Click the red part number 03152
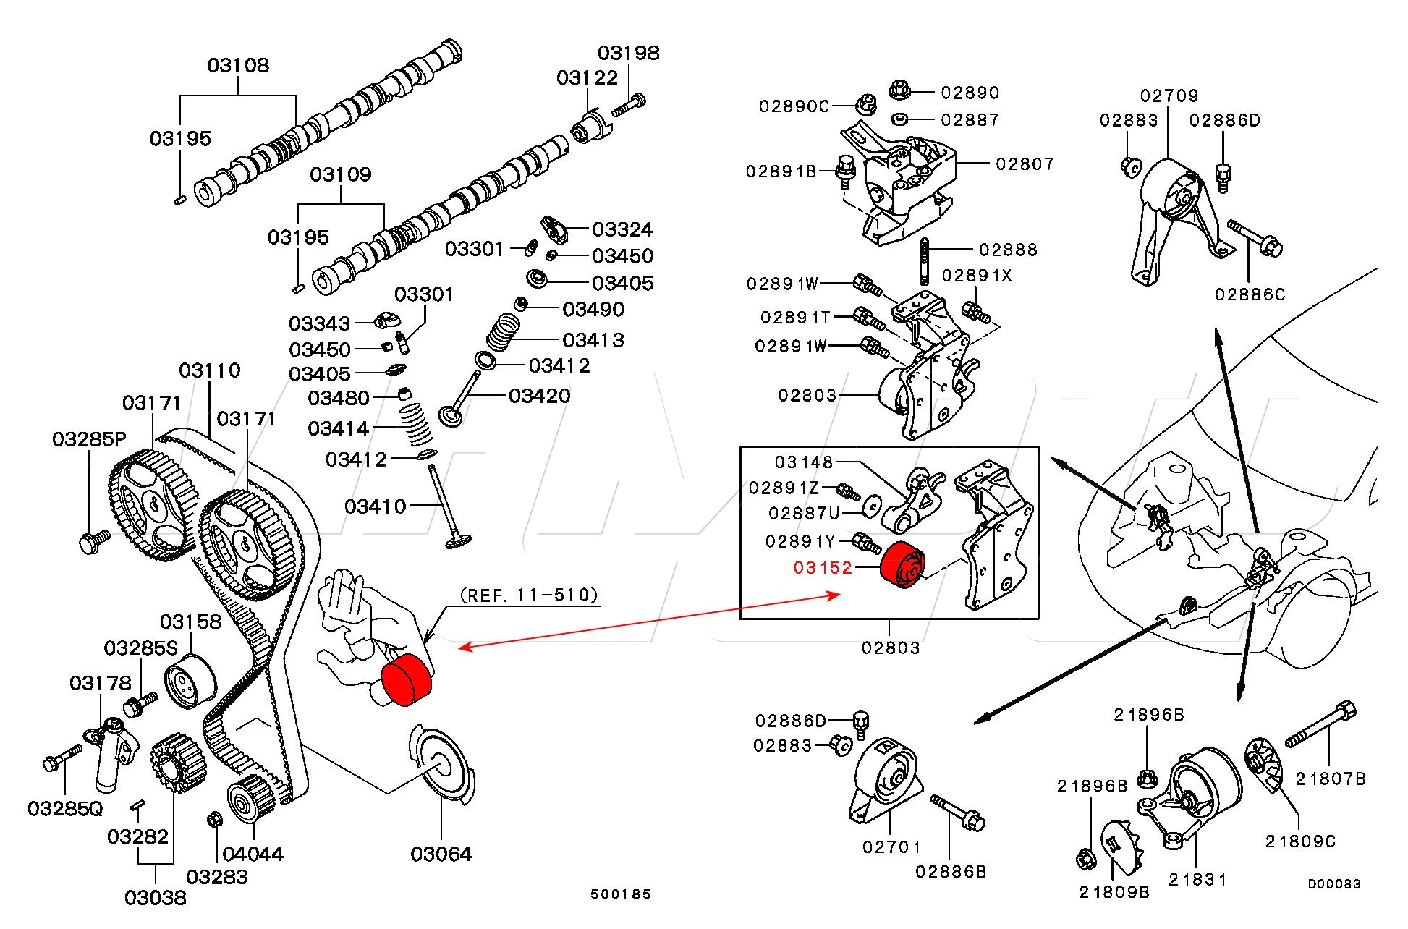pyautogui.click(x=823, y=568)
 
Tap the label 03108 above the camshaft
pyautogui.click(x=238, y=65)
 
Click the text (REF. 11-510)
pyautogui.click(x=529, y=595)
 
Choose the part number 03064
pyautogui.click(x=441, y=854)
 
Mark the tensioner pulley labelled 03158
pyautogui.click(x=190, y=681)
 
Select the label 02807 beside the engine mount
pyautogui.click(x=1025, y=164)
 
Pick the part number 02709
pyautogui.click(x=1169, y=96)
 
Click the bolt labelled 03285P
pyautogui.click(x=93, y=540)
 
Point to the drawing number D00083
pyautogui.click(x=1333, y=883)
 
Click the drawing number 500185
pyautogui.click(x=621, y=894)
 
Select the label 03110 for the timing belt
pyautogui.click(x=210, y=370)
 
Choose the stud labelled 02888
pyautogui.click(x=924, y=261)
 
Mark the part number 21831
pyautogui.click(x=1197, y=879)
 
